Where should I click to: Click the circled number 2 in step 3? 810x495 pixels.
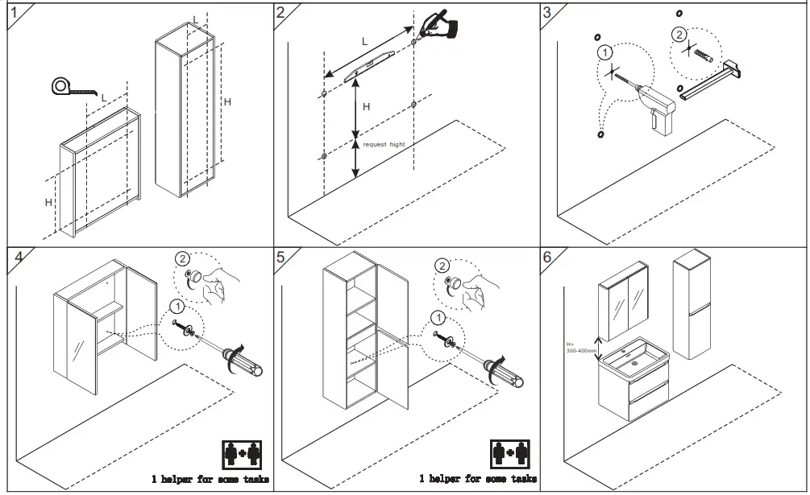(680, 34)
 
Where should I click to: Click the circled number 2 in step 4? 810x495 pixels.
(183, 258)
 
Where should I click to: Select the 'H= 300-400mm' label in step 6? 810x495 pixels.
(581, 348)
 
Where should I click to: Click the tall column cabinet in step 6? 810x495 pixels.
(692, 304)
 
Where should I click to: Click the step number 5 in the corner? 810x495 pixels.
(280, 258)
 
